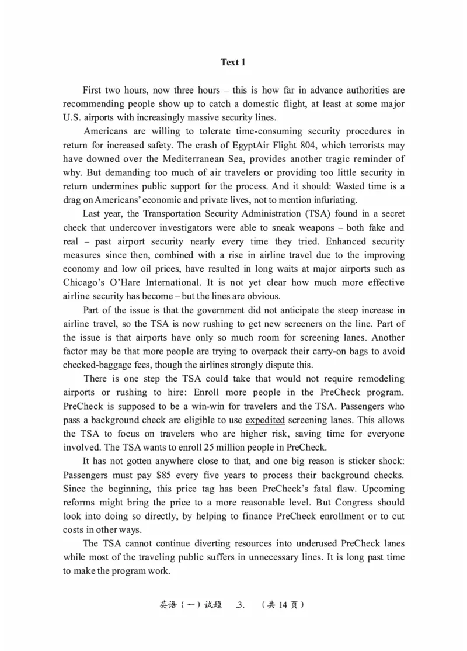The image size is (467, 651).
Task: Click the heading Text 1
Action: tap(233, 63)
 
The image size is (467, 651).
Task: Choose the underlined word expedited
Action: tap(265, 420)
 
